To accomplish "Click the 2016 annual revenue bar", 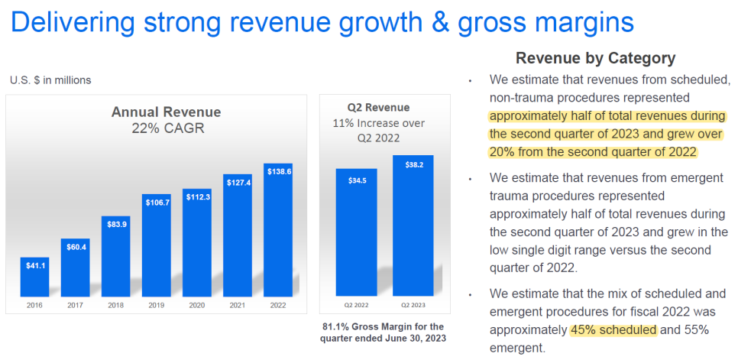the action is pyautogui.click(x=35, y=277).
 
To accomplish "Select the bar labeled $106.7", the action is pyautogui.click(x=157, y=245).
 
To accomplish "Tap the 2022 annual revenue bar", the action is pyautogui.click(x=277, y=230).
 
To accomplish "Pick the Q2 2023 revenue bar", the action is pyautogui.click(x=413, y=225).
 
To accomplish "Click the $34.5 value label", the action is pyautogui.click(x=356, y=180).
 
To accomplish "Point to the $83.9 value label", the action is pyautogui.click(x=116, y=223).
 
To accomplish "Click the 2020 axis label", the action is pyautogui.click(x=197, y=305).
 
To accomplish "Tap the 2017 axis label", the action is pyautogui.click(x=76, y=305).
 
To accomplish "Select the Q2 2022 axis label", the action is pyautogui.click(x=356, y=305).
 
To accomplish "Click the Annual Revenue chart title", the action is pyautogui.click(x=166, y=112).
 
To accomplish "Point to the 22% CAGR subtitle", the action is pyautogui.click(x=168, y=128).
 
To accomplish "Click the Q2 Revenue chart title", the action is pyautogui.click(x=378, y=107).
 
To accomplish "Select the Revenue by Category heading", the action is pyautogui.click(x=595, y=58).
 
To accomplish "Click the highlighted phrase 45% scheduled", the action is pyautogui.click(x=613, y=330).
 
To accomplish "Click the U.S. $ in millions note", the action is pyautogui.click(x=50, y=80).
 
